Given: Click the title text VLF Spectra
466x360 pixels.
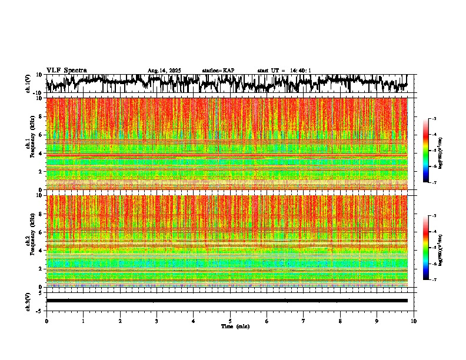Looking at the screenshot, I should click(x=66, y=71).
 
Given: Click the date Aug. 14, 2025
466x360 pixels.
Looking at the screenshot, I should click(x=164, y=71).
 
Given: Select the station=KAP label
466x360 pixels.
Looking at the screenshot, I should click(x=218, y=71).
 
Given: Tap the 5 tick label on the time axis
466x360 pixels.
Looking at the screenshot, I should click(x=230, y=321).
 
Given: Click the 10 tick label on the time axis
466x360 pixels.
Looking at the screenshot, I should click(x=414, y=321).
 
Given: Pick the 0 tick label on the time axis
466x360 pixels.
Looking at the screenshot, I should click(x=46, y=321).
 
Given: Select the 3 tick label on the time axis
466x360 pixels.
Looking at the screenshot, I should click(x=157, y=321).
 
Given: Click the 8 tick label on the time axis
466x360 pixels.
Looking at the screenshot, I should click(x=340, y=321).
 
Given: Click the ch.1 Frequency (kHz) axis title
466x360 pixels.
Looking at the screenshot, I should click(x=30, y=144).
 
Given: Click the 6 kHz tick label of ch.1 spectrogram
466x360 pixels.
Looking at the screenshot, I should click(x=41, y=135).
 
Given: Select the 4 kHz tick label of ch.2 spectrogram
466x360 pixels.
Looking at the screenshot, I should click(x=41, y=251).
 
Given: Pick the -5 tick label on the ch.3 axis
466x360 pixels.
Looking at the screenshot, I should click(x=39, y=310).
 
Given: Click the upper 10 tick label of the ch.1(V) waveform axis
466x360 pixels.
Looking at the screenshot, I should click(x=39, y=75).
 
